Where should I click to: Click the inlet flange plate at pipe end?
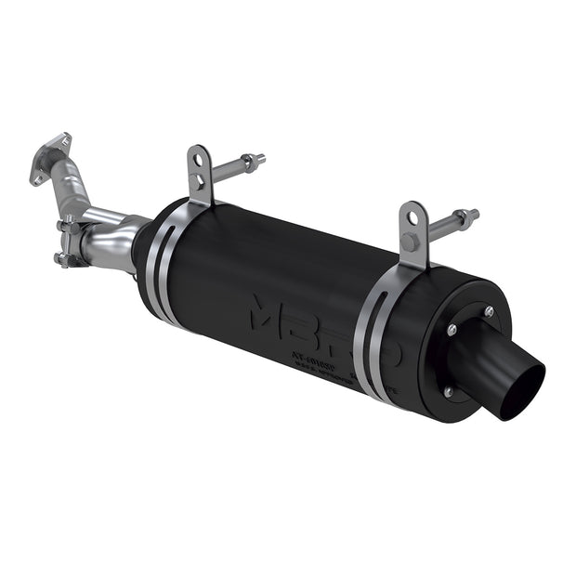(x=50, y=158)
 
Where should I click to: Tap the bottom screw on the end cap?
(x=448, y=392)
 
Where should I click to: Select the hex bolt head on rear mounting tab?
(x=410, y=243)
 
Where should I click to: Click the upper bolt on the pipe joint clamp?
(x=69, y=224)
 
